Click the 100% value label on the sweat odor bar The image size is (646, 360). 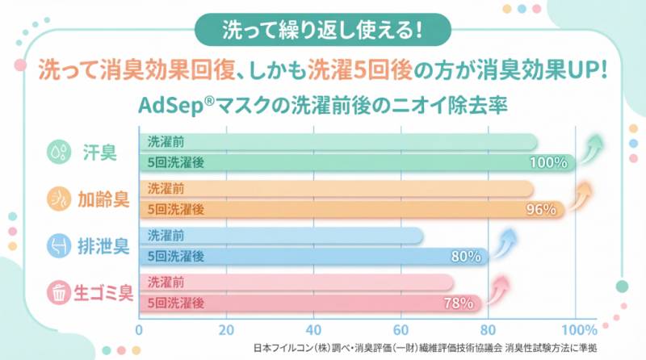point(549,162)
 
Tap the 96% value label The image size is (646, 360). point(541,209)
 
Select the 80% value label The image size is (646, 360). point(467,257)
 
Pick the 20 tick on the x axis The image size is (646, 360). point(226,329)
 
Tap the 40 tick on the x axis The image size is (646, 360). point(313,329)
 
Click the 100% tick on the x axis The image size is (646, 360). point(578,329)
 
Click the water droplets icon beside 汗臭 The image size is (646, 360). point(58,153)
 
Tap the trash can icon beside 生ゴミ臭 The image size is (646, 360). point(58,293)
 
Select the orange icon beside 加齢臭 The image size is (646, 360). point(58,199)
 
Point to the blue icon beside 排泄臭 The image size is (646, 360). point(58,246)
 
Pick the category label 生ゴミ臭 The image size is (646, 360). point(103,293)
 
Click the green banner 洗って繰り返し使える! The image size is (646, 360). point(322,29)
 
